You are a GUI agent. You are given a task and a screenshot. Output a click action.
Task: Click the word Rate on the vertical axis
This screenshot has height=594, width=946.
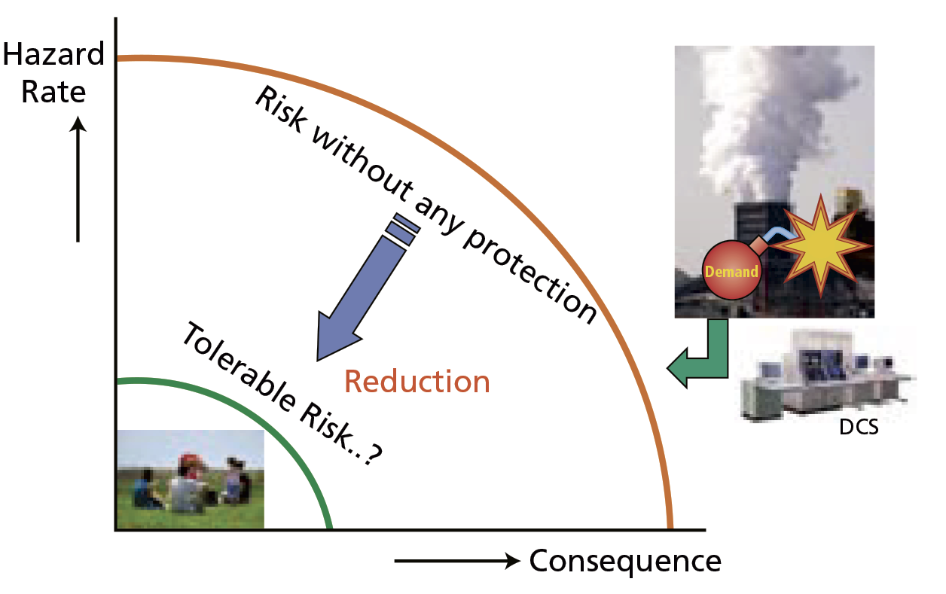pyautogui.click(x=53, y=92)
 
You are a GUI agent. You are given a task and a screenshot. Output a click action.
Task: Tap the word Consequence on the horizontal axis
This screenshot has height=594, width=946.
pyautogui.click(x=625, y=562)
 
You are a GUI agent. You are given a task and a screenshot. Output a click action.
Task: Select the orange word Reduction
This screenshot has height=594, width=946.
pyautogui.click(x=417, y=382)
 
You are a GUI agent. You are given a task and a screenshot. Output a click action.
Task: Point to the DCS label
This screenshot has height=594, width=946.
pyautogui.click(x=859, y=430)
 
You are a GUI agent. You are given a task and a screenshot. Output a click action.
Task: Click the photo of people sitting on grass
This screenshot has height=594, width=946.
pyautogui.click(x=191, y=479)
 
